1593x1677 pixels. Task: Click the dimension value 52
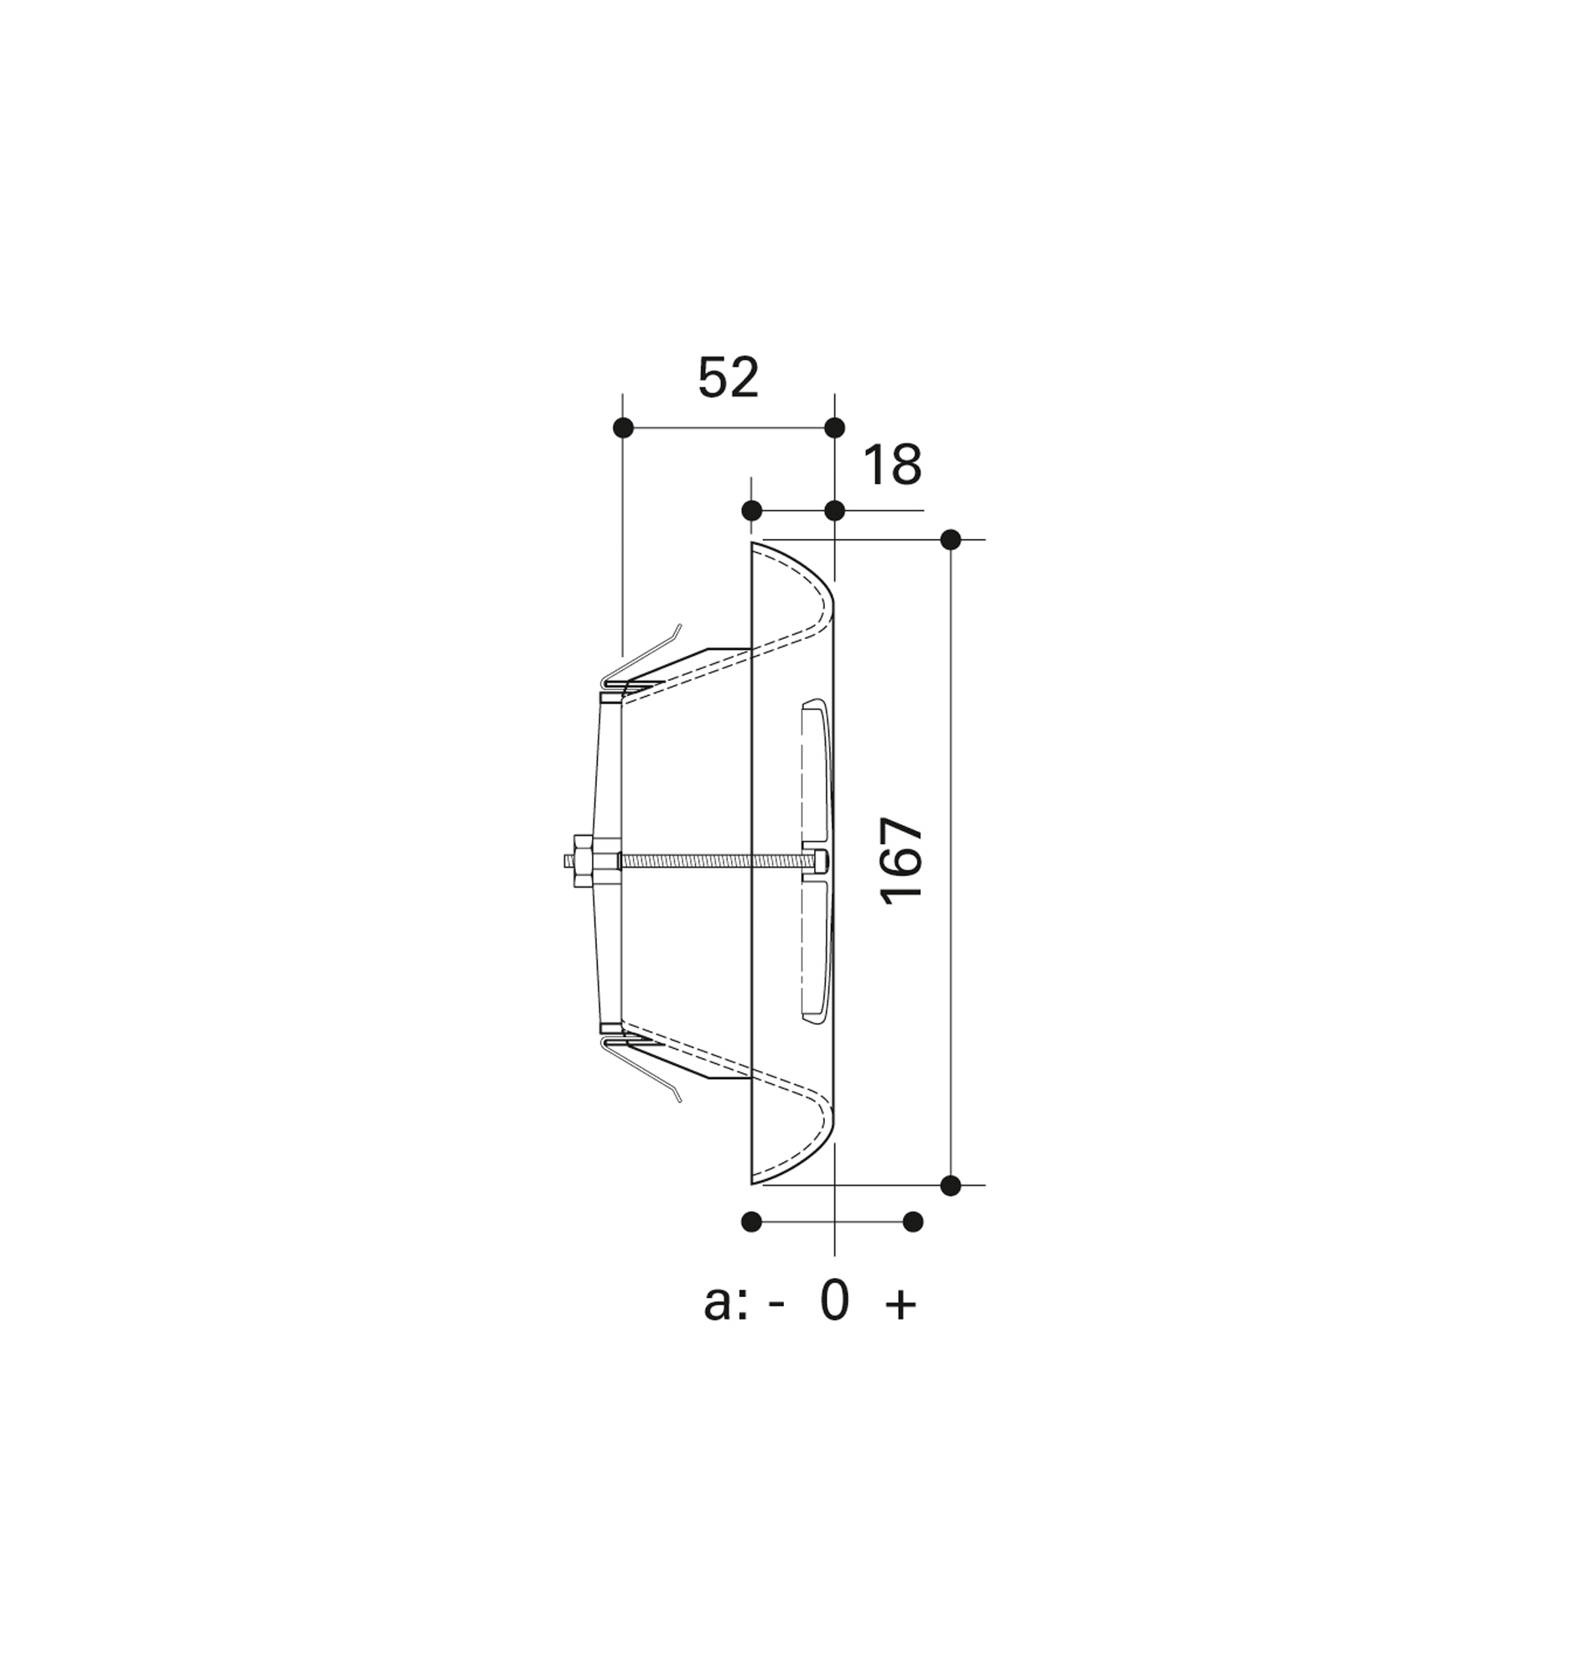tap(728, 378)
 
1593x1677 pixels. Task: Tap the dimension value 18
tap(892, 465)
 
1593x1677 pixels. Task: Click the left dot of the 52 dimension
tap(622, 427)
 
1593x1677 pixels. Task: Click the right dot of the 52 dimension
tap(835, 427)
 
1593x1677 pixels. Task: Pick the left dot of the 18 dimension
tap(751, 511)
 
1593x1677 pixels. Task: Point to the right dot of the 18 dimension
tap(835, 511)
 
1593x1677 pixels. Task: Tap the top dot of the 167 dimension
tap(951, 539)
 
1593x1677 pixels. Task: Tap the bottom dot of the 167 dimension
tap(951, 1185)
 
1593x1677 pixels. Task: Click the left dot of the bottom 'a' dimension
tap(751, 1222)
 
